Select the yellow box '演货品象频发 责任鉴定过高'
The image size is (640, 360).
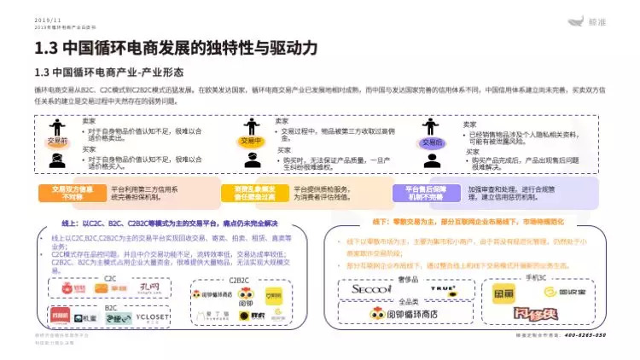(248, 193)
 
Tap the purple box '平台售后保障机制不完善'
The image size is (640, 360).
(426, 193)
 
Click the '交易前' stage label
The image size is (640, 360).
(57, 141)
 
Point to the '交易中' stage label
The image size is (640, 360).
(250, 141)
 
